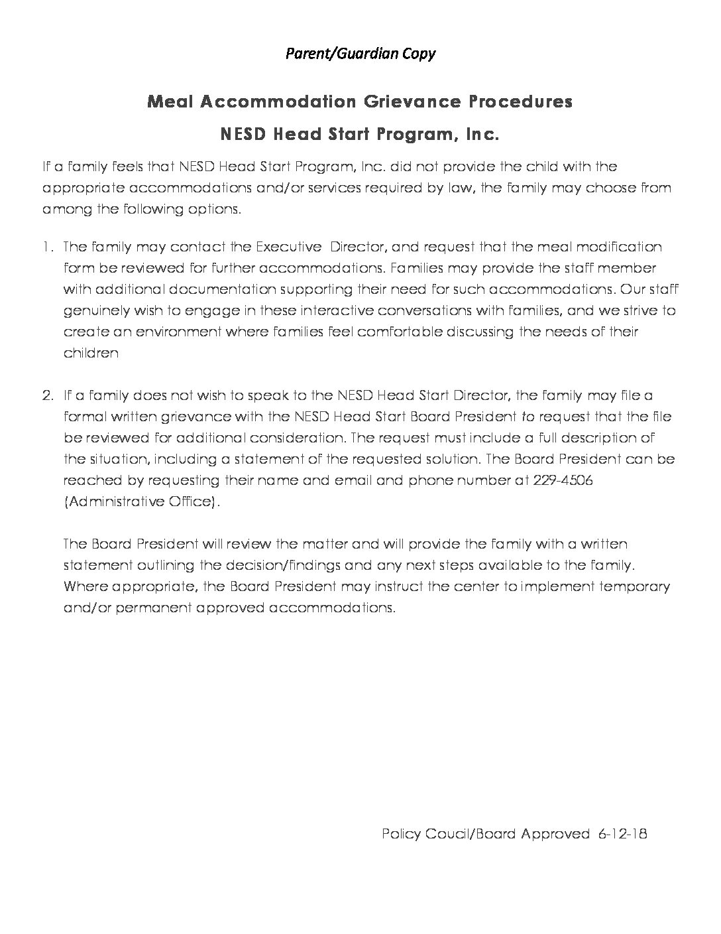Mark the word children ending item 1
coord(91,354)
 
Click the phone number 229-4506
coord(563,481)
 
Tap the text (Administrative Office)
coord(140,502)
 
